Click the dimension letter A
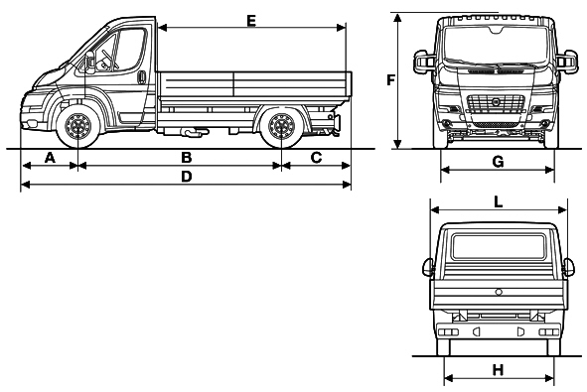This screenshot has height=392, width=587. coord(50,158)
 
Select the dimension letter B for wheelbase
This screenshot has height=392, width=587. coord(187,158)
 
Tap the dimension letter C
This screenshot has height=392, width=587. coord(316,158)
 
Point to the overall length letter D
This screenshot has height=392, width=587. coord(187,177)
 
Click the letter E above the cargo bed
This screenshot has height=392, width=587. coord(251,21)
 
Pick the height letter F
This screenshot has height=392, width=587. coord(390,80)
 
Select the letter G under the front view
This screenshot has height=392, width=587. coord(498,162)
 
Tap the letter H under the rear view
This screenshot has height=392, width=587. coord(498,370)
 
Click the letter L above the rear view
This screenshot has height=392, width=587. coord(498,202)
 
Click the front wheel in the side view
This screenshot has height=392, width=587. coord(77,126)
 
